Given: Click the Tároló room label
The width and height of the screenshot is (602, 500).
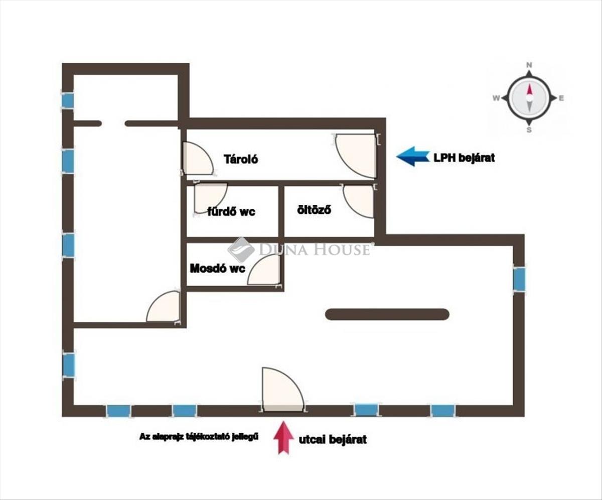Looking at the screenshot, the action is coord(241,159).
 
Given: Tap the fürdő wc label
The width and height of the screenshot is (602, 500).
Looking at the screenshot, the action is coord(231,212).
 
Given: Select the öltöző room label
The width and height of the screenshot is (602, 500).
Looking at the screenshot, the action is coord(314,210).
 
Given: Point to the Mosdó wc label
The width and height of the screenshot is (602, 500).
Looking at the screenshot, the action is coord(217,269).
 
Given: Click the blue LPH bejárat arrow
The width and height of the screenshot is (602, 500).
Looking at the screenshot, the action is coord(413,157).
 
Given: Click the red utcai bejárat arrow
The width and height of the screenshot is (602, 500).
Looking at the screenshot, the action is coord(283,437).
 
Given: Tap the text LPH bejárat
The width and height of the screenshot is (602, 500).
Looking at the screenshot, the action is coord(464,158).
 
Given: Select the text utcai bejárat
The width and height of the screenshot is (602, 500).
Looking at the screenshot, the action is coord(333,439).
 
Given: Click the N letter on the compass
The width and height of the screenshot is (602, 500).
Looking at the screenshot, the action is coord(529,65).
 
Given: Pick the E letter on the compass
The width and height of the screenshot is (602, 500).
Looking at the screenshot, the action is coord(561,98).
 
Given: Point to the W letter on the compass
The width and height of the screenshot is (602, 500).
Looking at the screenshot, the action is coord(496,98).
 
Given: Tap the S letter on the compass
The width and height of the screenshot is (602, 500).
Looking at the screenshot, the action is coord(529,130).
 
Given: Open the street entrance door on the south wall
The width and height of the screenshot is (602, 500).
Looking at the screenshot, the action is coord(283,390).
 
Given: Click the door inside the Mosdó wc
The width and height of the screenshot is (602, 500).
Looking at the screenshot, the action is coord(264,270).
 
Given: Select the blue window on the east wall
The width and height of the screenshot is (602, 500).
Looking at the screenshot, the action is coord(519,279).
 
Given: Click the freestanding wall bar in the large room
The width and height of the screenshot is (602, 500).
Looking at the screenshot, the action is coord(387,314).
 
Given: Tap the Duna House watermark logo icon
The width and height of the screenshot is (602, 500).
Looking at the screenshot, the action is coord(241,250).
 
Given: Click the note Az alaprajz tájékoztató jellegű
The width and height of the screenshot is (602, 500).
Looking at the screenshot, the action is coord(199,437).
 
